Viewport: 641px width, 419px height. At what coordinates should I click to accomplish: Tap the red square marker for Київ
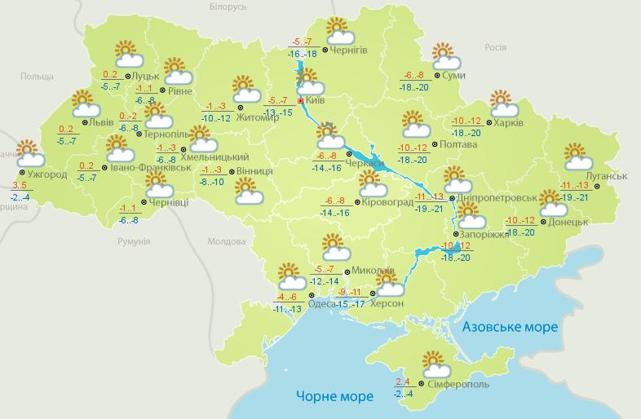click(x=300, y=101)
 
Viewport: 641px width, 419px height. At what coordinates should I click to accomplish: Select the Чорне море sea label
click(x=334, y=396)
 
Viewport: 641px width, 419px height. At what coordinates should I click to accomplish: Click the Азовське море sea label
click(x=510, y=327)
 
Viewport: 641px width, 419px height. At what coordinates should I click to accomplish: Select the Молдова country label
click(x=226, y=242)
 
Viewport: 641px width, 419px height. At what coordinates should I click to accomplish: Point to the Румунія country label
click(x=133, y=242)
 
